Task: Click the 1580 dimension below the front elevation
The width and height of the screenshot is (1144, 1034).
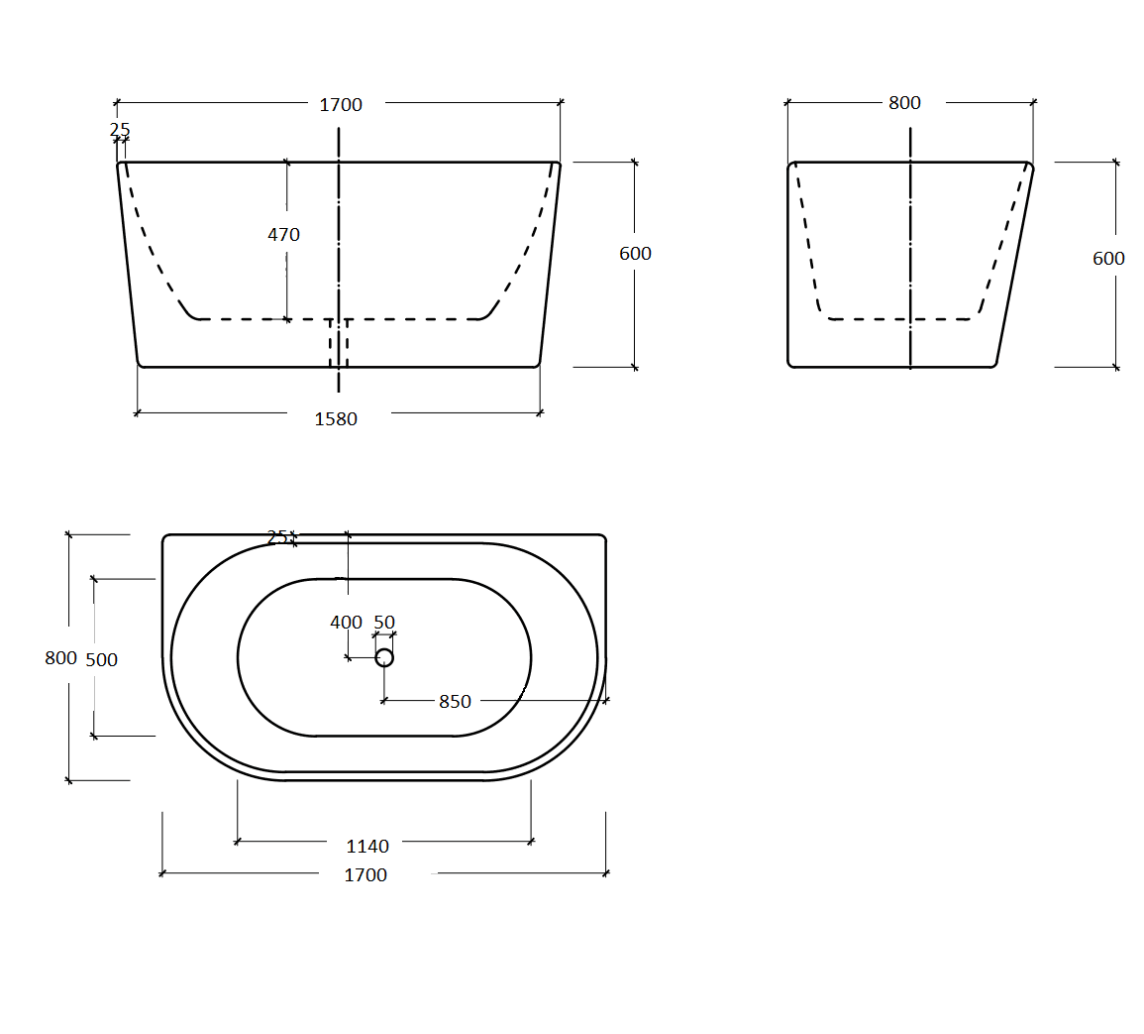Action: (336, 419)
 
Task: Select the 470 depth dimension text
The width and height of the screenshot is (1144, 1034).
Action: (283, 235)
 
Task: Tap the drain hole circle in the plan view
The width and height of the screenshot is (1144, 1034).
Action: (384, 657)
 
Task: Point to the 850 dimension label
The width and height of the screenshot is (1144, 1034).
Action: (455, 702)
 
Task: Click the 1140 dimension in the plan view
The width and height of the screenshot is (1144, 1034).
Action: (366, 847)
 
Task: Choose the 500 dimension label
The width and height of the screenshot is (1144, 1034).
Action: (102, 660)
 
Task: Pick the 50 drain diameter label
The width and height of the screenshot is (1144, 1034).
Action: (384, 623)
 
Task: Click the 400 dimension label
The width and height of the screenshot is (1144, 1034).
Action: (346, 623)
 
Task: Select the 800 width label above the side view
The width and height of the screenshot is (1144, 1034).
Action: (904, 103)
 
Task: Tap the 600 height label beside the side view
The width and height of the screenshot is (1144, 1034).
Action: (1108, 259)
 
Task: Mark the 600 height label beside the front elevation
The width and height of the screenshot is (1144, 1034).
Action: (635, 254)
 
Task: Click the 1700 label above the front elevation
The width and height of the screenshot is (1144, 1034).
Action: (341, 105)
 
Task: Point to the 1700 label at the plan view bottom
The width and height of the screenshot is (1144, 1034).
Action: (365, 875)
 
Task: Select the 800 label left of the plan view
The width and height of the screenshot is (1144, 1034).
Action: (60, 658)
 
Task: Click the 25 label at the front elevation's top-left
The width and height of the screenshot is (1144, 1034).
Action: (120, 130)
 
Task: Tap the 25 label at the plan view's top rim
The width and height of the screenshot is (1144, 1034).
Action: (277, 537)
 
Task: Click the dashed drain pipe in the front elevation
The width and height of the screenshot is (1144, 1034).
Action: (339, 342)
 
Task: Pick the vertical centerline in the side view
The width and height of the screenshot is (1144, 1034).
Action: (910, 248)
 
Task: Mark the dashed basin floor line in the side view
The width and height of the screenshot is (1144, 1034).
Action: (899, 319)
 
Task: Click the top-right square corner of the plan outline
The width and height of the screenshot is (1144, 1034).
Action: (602, 537)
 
